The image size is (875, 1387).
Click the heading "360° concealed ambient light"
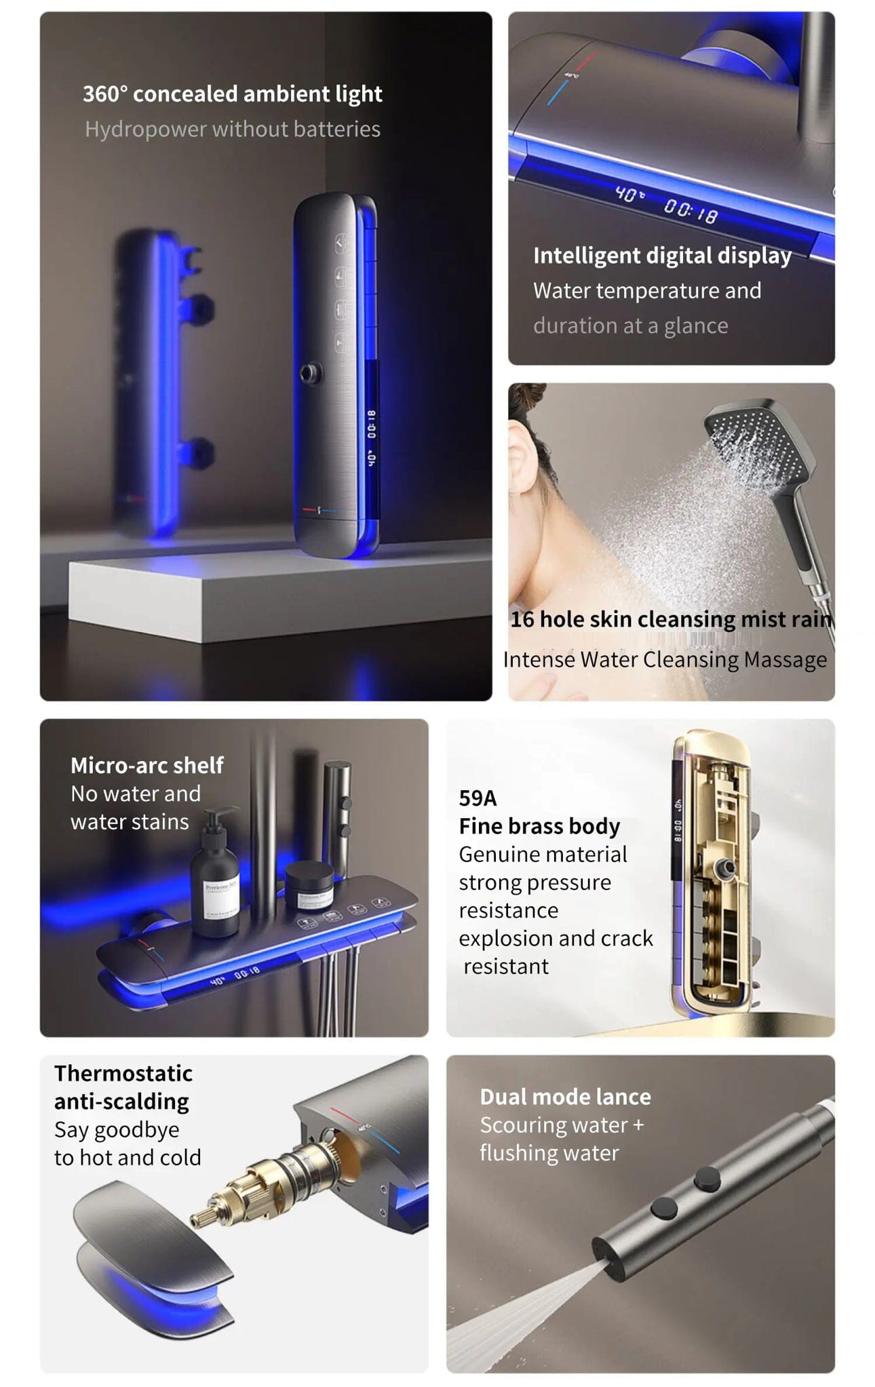click(233, 94)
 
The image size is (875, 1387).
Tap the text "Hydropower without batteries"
click(233, 129)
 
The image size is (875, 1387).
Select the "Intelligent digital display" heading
click(662, 256)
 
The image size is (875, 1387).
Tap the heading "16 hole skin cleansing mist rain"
click(671, 619)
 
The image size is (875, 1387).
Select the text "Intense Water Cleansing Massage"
click(665, 659)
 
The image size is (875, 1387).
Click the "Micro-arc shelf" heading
click(147, 765)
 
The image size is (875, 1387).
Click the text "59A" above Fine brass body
click(478, 798)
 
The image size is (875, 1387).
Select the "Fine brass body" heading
click(539, 826)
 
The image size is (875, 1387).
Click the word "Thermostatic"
click(123, 1073)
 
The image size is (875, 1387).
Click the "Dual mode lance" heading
click(565, 1097)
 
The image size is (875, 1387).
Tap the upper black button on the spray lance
click(707, 1179)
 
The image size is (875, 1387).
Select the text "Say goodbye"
click(117, 1130)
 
